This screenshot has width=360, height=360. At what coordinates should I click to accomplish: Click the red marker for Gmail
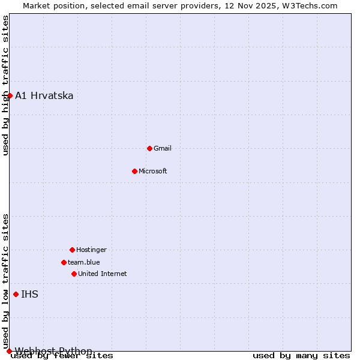tap(149, 148)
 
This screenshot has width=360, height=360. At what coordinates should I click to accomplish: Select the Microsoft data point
tap(134, 171)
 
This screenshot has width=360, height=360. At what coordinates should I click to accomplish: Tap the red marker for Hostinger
tap(72, 250)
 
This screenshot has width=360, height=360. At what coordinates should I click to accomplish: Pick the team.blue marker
tap(64, 262)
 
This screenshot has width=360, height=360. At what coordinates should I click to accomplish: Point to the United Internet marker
tap(74, 274)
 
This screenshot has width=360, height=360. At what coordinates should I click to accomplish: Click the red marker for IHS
tap(16, 294)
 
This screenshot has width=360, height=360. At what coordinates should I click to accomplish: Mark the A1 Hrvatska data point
tap(10, 95)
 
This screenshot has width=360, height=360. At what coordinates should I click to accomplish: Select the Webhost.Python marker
tap(9, 351)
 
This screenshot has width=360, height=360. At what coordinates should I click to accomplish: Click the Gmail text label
tap(163, 148)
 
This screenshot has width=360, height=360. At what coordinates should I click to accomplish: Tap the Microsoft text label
tap(153, 171)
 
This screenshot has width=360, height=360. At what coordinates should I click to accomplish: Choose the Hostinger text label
tap(91, 250)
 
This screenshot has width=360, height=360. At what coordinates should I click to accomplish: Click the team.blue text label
tap(84, 262)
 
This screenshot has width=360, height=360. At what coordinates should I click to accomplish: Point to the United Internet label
tap(103, 274)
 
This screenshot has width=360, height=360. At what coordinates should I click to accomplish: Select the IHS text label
tap(29, 294)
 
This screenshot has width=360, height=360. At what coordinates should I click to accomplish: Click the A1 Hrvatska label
tap(44, 95)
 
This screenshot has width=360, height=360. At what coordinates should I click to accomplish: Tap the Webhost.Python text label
tap(54, 351)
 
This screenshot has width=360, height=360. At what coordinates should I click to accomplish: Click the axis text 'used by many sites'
tap(301, 356)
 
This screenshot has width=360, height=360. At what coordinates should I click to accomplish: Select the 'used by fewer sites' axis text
tap(62, 356)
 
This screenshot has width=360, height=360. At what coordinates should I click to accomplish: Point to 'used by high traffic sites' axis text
tap(5, 85)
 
